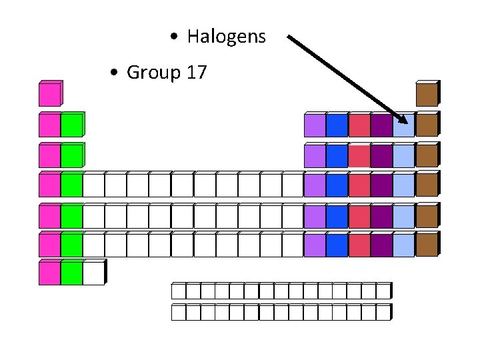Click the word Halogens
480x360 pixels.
click(226, 37)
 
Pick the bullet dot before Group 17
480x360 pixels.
click(115, 73)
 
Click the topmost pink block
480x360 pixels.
click(49, 95)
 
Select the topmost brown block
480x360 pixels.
click(427, 94)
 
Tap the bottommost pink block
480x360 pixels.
click(49, 273)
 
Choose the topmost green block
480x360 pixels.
click(71, 125)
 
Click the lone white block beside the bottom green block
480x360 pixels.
click(93, 273)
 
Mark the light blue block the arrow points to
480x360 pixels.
click(403, 125)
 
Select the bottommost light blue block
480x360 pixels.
click(403, 245)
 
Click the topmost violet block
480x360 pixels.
click(315, 125)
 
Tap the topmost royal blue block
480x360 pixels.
click(337, 125)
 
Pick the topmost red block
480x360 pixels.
click(359, 125)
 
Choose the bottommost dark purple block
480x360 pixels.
click(381, 245)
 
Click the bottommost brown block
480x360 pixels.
click(427, 245)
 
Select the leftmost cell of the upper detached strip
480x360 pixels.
click(178, 291)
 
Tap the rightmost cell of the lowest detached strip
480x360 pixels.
click(383, 312)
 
